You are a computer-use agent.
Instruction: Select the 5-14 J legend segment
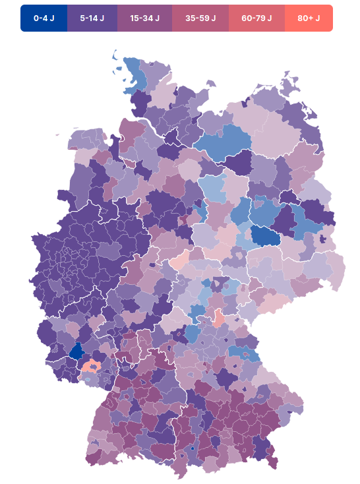92,18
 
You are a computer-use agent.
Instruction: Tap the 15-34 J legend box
144,18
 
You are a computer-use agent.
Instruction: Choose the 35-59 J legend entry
200,18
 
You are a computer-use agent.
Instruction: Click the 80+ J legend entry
309,18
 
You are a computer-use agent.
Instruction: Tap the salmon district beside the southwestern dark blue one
92,366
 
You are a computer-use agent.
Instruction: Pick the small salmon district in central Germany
220,320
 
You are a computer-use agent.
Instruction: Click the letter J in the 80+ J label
318,18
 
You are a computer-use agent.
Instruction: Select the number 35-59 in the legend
196,18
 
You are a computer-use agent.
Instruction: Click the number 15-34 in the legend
140,18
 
